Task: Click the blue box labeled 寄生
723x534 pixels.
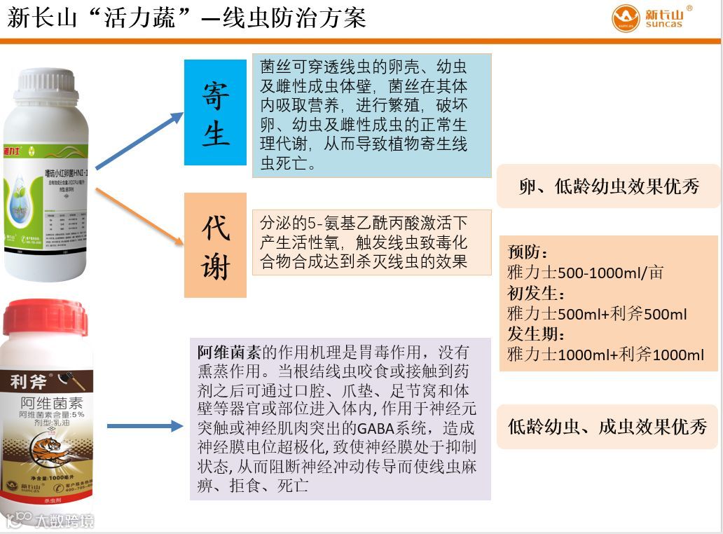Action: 215,112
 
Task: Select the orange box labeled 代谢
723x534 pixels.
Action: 215,245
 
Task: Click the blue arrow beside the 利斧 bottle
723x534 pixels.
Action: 144,425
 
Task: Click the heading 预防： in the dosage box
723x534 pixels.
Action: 528,252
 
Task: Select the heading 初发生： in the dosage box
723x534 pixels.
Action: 536,293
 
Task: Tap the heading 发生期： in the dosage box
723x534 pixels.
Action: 536,334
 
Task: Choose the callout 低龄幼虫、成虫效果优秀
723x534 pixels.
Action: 607,426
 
